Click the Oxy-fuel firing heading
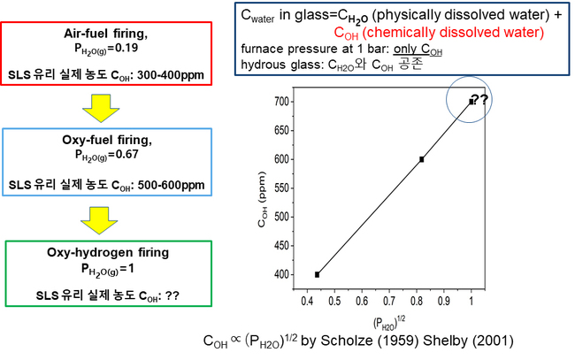[x=108, y=140]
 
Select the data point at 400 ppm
[x=317, y=274]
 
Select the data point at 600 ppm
[x=422, y=159]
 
